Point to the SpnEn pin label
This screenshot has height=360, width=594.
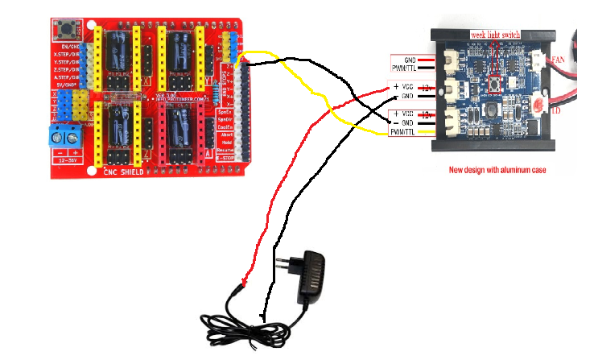point(226,110)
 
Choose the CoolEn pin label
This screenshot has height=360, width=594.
point(226,126)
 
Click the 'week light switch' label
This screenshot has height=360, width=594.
point(494,35)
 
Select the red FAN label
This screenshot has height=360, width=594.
point(559,60)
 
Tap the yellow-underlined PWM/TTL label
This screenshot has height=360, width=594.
point(402,131)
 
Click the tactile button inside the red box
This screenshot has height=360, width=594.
point(497,83)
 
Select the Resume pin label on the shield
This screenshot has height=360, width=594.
point(226,151)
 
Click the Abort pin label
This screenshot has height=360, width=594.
point(226,134)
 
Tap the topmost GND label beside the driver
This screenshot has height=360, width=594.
point(410,59)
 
